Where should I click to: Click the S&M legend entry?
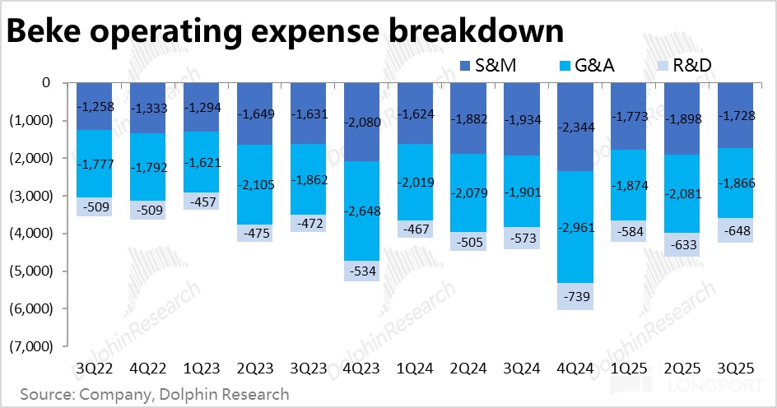click(486, 66)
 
